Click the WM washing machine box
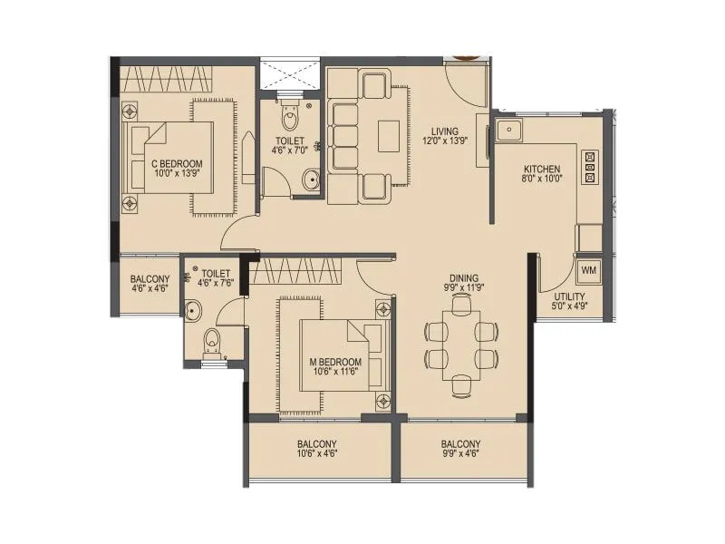click(x=588, y=270)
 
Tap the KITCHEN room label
click(x=542, y=170)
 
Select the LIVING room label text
click(x=444, y=131)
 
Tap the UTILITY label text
click(x=568, y=296)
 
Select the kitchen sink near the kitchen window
click(x=507, y=132)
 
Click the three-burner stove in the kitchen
click(x=591, y=167)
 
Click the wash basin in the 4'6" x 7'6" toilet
click(x=193, y=311)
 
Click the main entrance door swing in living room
click(x=467, y=83)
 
